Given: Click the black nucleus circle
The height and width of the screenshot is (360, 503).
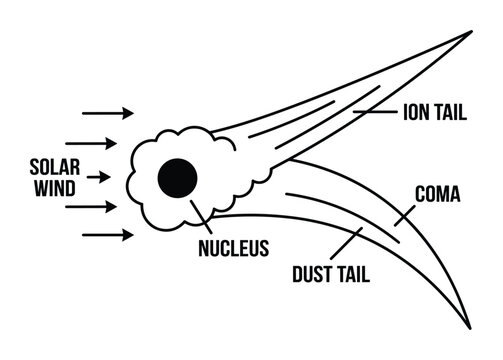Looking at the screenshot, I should pyautogui.click(x=178, y=179).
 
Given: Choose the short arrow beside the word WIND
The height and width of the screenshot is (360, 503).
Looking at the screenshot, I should pyautogui.click(x=97, y=178).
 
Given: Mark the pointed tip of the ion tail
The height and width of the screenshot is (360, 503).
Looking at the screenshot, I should pyautogui.click(x=468, y=33).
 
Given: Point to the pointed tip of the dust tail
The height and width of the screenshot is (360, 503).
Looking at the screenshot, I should pyautogui.click(x=466, y=326).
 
